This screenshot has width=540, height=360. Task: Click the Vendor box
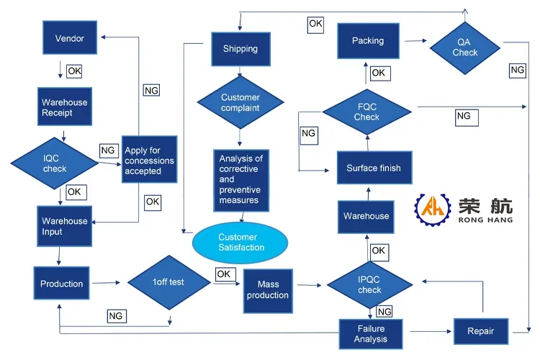[x=70, y=37]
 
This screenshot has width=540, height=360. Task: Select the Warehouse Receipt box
[x=65, y=107]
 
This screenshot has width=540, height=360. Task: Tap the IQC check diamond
[x=55, y=163]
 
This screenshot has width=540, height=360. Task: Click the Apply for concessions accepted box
[x=150, y=159]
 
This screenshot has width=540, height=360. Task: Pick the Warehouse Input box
[x=64, y=226]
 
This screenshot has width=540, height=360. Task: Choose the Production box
[x=62, y=283]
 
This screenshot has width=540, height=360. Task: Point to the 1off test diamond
[x=169, y=282]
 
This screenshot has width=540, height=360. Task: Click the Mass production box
[x=268, y=291]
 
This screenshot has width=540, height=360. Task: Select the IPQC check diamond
[x=369, y=285]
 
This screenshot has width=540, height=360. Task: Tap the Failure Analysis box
[x=371, y=334]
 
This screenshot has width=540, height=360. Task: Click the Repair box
[x=481, y=331]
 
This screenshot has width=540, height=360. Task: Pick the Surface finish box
[x=374, y=168]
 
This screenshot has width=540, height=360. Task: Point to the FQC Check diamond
[x=367, y=112]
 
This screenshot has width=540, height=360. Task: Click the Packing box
[x=368, y=41]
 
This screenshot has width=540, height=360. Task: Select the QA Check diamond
[x=465, y=48]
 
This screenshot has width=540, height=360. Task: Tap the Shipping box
[x=240, y=49]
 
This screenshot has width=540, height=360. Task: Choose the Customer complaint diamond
[x=240, y=102]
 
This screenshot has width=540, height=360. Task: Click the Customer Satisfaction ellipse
[x=240, y=243]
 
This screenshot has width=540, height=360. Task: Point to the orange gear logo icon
[x=433, y=209]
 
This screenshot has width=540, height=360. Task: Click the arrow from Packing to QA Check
[x=415, y=41]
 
